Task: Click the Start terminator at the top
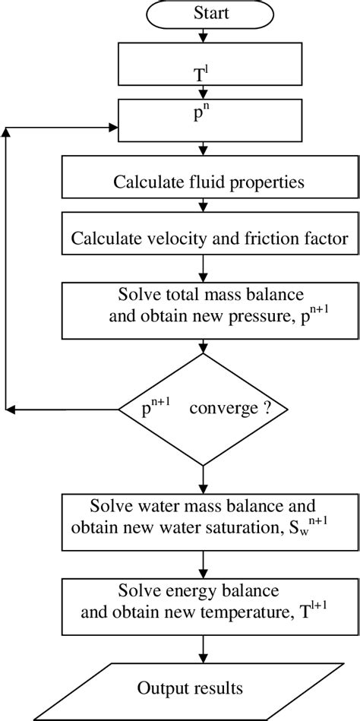202,13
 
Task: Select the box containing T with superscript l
202,65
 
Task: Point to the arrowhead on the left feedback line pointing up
7,132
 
